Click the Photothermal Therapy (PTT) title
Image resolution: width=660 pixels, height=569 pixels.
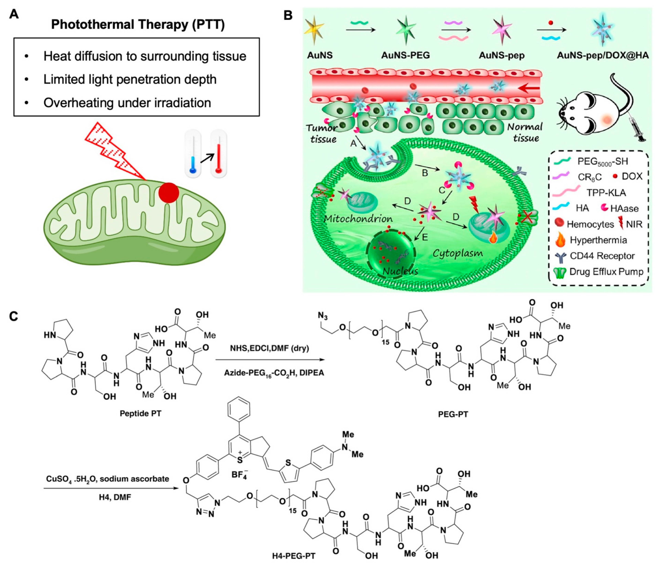(138, 25)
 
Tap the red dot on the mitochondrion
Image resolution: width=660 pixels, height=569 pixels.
(169, 192)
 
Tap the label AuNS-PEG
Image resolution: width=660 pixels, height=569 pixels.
(405, 55)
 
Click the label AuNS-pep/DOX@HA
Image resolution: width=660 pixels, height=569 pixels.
(603, 55)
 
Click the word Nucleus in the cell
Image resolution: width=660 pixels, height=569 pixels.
(400, 271)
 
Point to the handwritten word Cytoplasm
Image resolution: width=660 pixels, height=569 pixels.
(457, 253)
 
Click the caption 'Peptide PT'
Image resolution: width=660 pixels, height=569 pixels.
(141, 413)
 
